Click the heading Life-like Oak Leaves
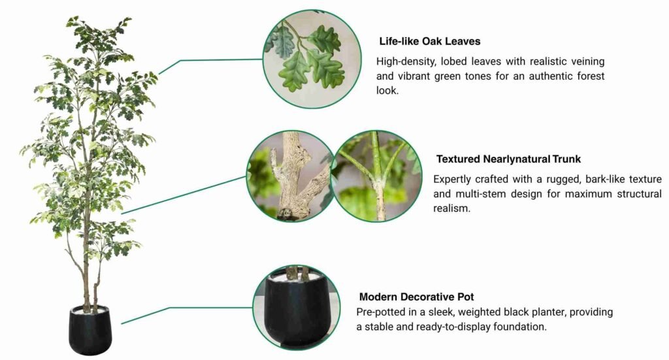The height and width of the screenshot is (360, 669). (x=430, y=41)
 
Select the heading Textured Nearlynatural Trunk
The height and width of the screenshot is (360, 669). (x=508, y=159)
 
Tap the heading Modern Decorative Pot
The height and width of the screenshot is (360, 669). (x=416, y=297)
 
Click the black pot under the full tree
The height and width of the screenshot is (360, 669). (x=90, y=330)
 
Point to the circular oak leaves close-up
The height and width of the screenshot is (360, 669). (x=312, y=59)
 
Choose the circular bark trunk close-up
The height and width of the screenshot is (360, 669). (x=291, y=176)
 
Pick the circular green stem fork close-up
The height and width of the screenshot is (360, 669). (x=377, y=176)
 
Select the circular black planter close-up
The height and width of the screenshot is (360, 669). (x=297, y=308)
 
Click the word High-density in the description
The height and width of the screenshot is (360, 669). (x=406, y=62)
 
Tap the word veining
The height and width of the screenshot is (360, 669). (x=588, y=62)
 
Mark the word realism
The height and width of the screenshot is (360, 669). (x=452, y=208)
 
